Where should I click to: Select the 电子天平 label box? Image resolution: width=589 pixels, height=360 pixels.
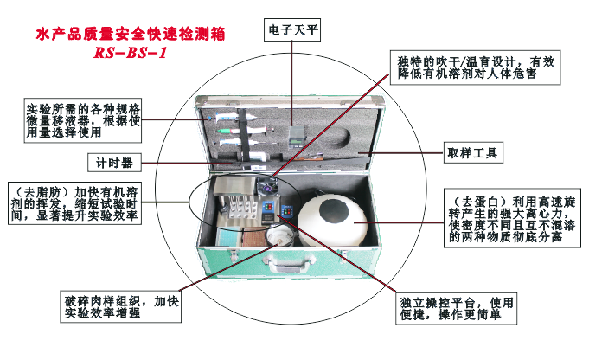pyautogui.click(x=291, y=29)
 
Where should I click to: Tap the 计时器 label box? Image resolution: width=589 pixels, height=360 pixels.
pyautogui.click(x=113, y=161)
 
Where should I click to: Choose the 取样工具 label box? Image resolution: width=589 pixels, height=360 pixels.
pyautogui.click(x=472, y=153)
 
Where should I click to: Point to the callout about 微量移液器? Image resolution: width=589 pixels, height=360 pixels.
pyautogui.click(x=83, y=121)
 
